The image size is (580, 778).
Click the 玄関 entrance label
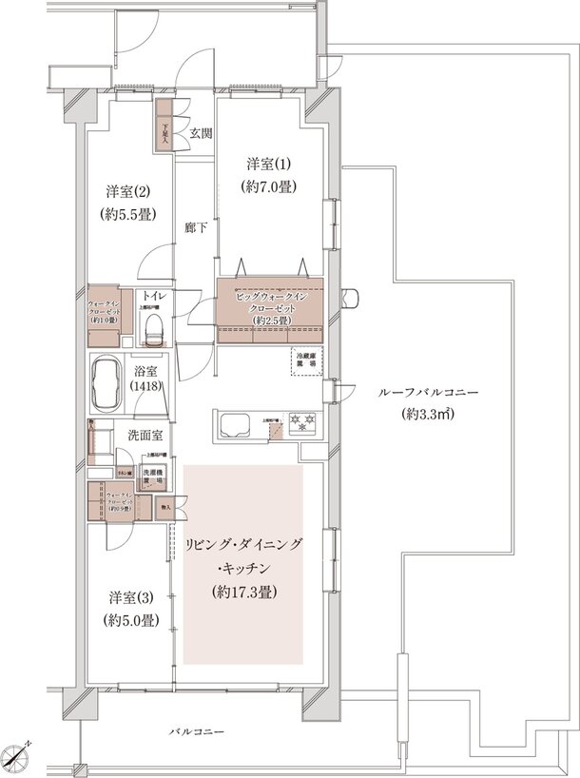tap(200, 133)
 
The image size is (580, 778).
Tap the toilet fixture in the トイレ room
tap(155, 327)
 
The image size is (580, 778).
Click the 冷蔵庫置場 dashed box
tap(306, 360)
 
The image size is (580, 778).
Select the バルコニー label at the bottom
tap(197, 733)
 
